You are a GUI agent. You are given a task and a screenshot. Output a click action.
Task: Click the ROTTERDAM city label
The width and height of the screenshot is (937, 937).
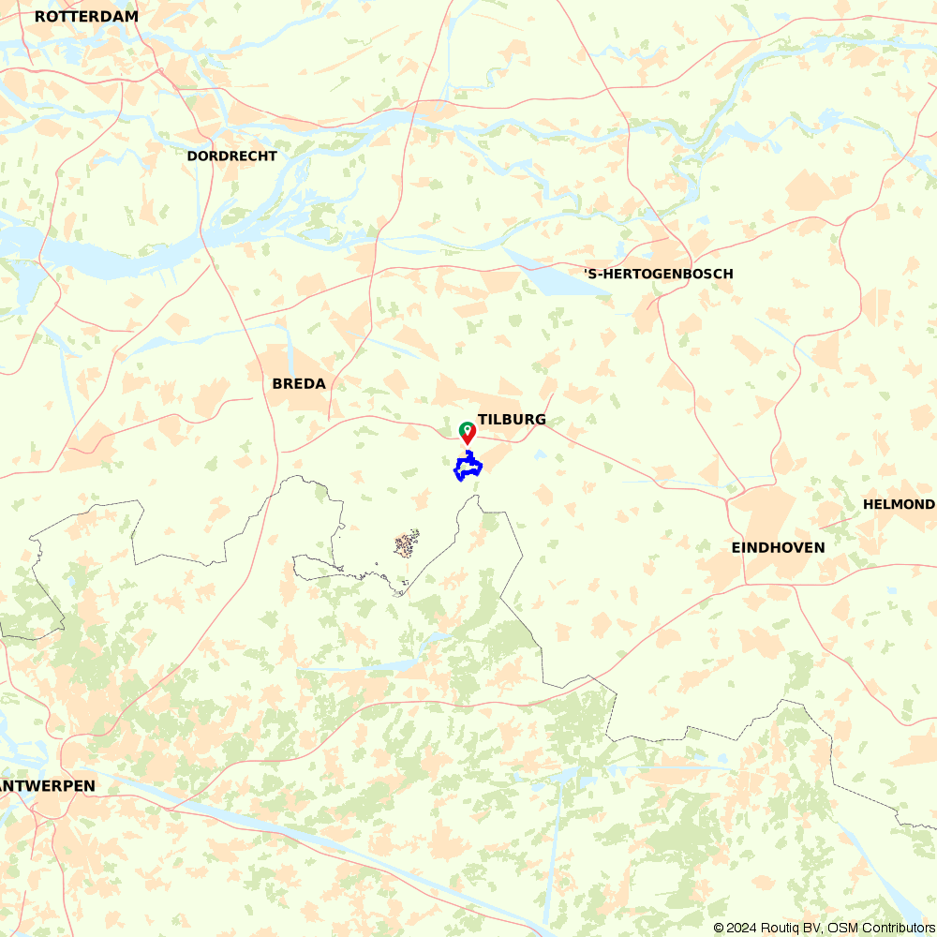coord(86,17)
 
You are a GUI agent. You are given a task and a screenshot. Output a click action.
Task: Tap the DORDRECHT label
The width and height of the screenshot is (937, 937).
coord(231,156)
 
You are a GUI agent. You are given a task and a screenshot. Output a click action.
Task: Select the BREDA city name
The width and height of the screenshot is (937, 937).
coord(299,383)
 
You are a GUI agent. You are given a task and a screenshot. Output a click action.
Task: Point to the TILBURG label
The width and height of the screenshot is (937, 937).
coord(512,419)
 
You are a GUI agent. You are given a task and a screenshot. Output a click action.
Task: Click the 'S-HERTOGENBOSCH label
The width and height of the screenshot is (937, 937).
coord(658,274)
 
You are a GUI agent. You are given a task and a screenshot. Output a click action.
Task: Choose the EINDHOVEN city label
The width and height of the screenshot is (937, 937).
coord(778,547)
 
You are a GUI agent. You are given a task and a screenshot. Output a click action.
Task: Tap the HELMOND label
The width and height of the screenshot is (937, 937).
coord(899,504)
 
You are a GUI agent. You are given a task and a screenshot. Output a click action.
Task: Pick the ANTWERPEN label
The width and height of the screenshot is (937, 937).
coord(49,785)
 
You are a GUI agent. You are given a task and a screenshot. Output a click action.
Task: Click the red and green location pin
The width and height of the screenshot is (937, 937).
coord(467,432)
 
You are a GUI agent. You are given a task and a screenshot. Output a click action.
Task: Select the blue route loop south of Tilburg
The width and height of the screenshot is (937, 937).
coord(468,466)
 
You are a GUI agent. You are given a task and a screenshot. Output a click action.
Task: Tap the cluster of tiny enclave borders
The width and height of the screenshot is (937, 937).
coord(407,543)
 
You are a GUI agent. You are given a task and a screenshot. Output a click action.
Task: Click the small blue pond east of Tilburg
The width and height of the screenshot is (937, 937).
coord(540,455)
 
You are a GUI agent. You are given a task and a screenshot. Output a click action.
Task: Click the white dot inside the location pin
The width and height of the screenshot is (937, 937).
coord(467,429)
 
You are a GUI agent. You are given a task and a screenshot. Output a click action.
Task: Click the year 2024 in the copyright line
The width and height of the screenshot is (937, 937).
coord(740,928)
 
